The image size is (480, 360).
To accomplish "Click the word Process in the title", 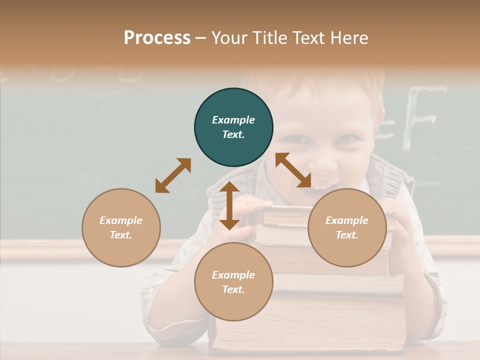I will tap(157, 38).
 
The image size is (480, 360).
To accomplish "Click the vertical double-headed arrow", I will tap(229, 205).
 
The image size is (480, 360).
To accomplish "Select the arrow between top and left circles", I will tap(173, 175).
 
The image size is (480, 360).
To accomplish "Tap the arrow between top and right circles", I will tap(293, 170).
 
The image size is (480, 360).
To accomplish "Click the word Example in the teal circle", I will tap(233, 120).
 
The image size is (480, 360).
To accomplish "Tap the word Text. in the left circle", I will tap(121, 235).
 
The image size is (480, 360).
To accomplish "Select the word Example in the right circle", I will tap(347, 220).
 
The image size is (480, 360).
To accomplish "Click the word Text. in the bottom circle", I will tap(233, 289).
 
